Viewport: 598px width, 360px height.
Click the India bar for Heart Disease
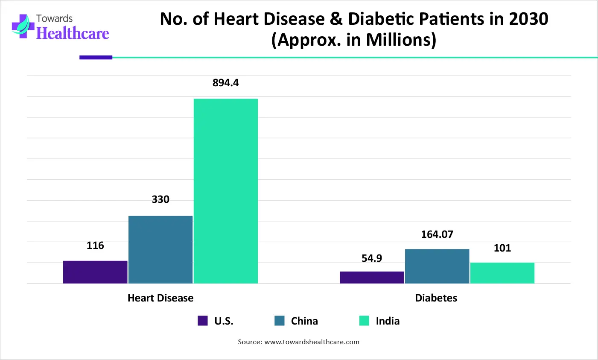click(x=226, y=191)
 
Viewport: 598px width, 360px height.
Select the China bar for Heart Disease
click(x=160, y=249)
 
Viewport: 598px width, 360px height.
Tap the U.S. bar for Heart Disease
click(x=95, y=272)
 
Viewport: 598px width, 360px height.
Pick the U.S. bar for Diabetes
click(x=372, y=277)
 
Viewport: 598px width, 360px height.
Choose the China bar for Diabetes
click(x=437, y=266)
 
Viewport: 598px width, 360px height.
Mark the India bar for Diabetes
click(x=502, y=273)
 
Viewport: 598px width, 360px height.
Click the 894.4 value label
click(x=226, y=83)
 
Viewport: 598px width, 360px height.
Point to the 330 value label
click(x=160, y=199)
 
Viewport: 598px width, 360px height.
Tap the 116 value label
click(x=95, y=246)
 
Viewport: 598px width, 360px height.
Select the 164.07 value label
click(x=437, y=234)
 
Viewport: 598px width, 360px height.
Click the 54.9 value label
click(x=372, y=258)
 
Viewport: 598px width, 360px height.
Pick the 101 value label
click(x=502, y=248)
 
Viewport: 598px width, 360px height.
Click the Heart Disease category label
click(x=160, y=298)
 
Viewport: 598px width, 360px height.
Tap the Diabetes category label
click(x=436, y=298)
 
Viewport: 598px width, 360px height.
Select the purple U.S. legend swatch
click(x=203, y=321)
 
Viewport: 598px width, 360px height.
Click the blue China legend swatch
click(x=280, y=321)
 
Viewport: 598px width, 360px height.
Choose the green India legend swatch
click(x=364, y=321)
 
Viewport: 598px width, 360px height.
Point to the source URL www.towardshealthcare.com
click(x=312, y=342)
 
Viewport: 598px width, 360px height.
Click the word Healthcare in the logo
click(x=73, y=33)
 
